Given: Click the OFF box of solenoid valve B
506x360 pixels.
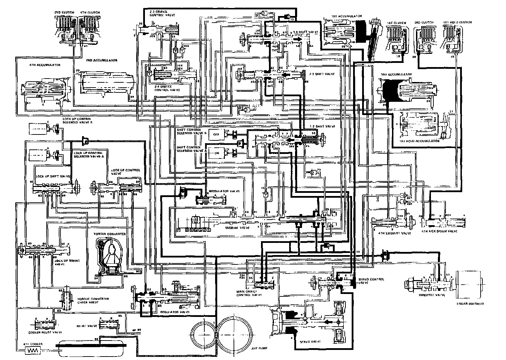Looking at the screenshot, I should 216,134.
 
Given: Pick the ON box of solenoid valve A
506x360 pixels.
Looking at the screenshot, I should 216,153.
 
